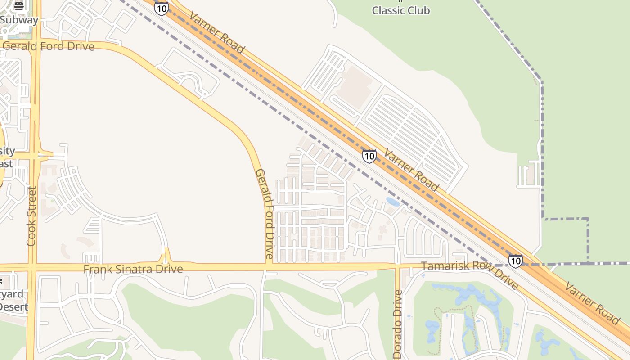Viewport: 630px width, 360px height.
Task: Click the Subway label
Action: [19, 20]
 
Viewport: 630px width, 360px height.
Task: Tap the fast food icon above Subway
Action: [18, 6]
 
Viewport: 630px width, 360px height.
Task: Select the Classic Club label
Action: [400, 10]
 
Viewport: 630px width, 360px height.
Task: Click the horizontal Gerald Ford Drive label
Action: [48, 46]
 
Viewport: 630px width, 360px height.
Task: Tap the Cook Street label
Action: [31, 216]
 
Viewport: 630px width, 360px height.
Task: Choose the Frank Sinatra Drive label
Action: [133, 269]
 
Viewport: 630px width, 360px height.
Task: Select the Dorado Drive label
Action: [398, 324]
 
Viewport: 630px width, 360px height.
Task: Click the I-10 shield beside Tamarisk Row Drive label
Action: [515, 261]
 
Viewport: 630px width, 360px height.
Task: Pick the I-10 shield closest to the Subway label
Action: [161, 8]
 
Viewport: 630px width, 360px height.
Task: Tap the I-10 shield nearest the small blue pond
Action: [369, 156]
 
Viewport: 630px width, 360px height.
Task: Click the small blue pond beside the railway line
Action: [393, 202]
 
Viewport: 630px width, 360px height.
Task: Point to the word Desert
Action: [13, 307]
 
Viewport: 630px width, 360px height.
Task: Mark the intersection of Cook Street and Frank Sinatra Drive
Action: [32, 267]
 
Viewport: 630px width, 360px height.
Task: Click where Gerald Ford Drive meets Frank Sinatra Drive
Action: [269, 266]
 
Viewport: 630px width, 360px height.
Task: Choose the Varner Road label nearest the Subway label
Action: [217, 32]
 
